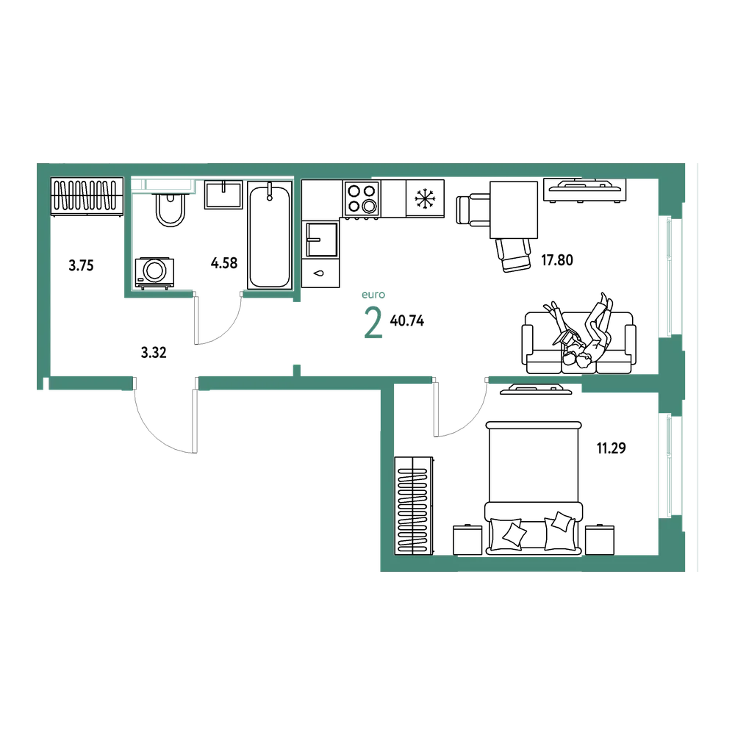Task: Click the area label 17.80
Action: (557, 259)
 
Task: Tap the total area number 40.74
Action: (407, 320)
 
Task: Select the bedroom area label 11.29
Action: (612, 448)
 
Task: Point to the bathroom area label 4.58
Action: (224, 263)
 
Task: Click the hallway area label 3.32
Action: (154, 353)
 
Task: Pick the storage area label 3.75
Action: (81, 266)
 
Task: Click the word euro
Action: (373, 295)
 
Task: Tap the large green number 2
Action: (373, 323)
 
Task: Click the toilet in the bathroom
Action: (171, 209)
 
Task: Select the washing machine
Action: (154, 273)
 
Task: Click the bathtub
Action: (270, 235)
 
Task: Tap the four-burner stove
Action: (362, 199)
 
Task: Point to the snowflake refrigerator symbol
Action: (425, 198)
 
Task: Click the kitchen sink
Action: (322, 240)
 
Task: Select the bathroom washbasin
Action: (223, 195)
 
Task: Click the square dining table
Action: (514, 210)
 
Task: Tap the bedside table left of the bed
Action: (467, 539)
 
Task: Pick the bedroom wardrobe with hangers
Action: (414, 506)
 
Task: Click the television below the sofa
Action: (536, 389)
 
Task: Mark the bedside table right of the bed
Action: (600, 539)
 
